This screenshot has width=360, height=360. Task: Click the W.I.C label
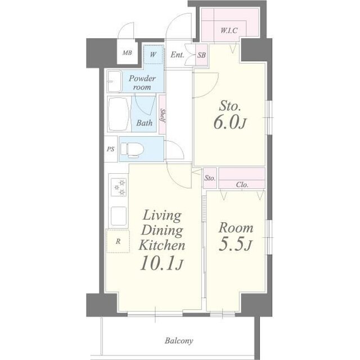(x=229, y=30)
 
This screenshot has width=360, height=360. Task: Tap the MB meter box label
(x=127, y=53)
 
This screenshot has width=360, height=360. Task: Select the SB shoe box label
(x=201, y=55)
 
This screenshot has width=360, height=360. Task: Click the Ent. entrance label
(x=177, y=55)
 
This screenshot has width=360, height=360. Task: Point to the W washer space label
(x=153, y=55)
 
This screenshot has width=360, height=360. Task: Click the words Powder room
(x=142, y=83)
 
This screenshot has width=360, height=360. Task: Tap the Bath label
(x=145, y=123)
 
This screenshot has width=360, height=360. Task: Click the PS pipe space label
(x=110, y=149)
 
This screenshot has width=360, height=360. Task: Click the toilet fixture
(x=132, y=150)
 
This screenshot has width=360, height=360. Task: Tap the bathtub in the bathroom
(x=119, y=114)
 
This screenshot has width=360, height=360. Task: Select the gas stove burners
(x=119, y=187)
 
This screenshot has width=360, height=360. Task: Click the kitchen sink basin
(x=119, y=216)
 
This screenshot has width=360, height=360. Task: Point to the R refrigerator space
(x=118, y=241)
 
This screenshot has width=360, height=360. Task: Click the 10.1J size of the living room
(x=161, y=263)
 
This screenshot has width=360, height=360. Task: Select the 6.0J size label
(x=229, y=123)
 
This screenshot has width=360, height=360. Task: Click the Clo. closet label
(x=242, y=184)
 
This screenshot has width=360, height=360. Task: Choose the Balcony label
(x=179, y=341)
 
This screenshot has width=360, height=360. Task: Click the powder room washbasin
(x=114, y=82)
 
